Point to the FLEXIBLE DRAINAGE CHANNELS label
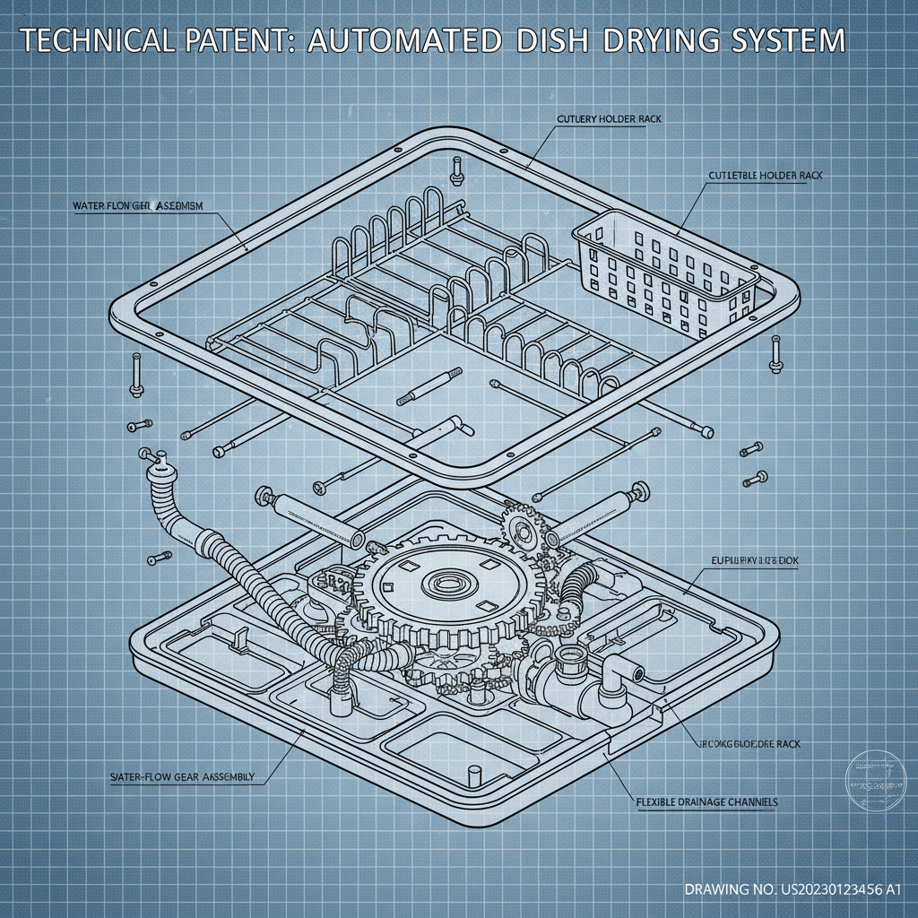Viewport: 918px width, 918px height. [706, 801]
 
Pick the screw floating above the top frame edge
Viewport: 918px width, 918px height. [456, 169]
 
